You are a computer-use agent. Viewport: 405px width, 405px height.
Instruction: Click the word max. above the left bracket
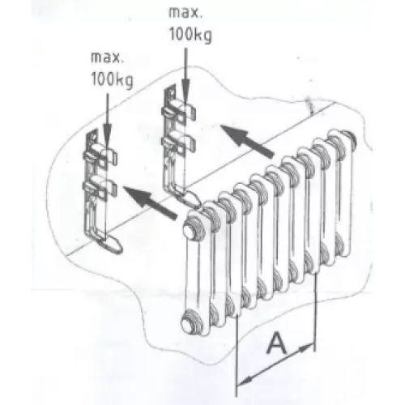(108, 58)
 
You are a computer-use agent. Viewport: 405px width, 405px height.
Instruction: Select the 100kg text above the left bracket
(112, 80)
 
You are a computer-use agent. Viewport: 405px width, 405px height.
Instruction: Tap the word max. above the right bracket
(185, 13)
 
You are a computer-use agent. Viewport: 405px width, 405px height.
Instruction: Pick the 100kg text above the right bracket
(190, 35)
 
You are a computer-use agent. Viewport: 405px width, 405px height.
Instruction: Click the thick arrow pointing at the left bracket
(149, 202)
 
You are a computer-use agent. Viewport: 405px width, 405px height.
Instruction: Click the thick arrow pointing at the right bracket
(247, 141)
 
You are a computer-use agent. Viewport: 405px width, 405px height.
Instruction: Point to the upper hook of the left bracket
(100, 157)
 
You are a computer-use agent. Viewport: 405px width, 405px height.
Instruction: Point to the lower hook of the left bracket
(100, 190)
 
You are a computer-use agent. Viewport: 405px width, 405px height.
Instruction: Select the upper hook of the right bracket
(179, 111)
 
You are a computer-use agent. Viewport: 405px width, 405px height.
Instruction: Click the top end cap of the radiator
(190, 229)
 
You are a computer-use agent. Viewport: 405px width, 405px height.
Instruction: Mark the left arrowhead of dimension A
(245, 380)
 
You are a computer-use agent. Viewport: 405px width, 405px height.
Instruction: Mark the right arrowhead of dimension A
(307, 348)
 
